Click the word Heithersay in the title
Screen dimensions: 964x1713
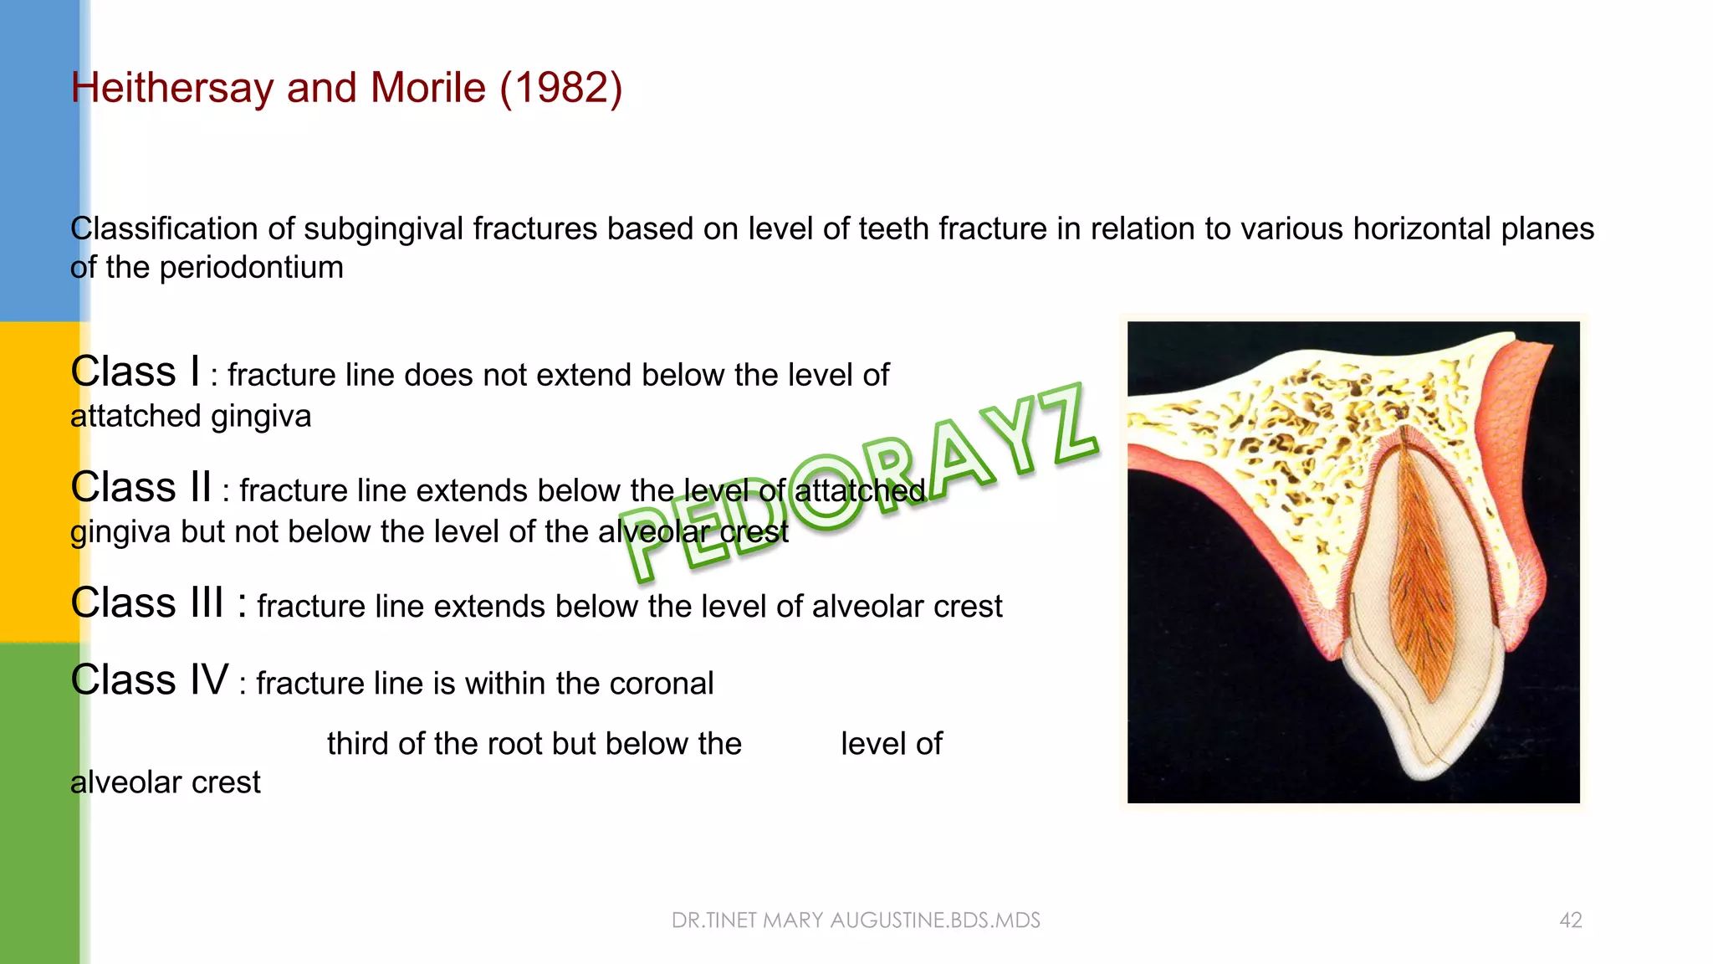coord(172,89)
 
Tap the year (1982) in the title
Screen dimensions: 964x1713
coord(560,89)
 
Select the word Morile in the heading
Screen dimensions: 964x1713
coord(427,89)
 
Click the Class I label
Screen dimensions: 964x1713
coord(135,372)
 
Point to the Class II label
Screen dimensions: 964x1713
coord(141,488)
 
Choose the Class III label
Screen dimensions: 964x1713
coord(146,603)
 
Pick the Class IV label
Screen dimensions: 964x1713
coord(149,680)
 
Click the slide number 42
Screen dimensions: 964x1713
coord(1570,920)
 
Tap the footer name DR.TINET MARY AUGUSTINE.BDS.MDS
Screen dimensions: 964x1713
coord(856,920)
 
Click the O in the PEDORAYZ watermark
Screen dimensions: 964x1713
coord(826,494)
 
